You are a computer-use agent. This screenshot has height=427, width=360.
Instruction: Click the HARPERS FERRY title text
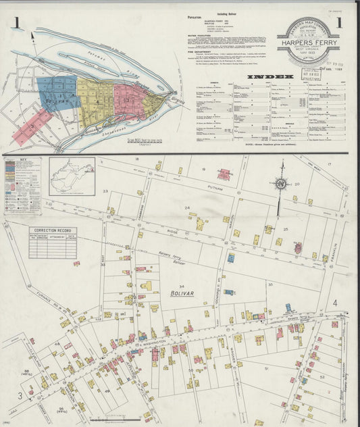308,47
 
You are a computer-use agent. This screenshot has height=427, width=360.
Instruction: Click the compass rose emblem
279,183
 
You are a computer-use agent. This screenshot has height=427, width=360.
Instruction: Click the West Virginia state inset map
72,176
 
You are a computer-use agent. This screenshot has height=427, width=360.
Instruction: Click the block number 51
267,368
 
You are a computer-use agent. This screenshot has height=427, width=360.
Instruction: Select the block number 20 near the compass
297,183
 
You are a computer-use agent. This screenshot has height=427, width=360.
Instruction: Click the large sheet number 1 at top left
15,24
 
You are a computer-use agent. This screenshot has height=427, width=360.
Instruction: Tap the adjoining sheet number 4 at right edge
334,303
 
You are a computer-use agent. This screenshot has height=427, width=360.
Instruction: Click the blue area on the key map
57,95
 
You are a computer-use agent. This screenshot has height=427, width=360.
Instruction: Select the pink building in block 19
224,174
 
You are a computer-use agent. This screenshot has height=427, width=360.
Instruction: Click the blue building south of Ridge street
231,258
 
